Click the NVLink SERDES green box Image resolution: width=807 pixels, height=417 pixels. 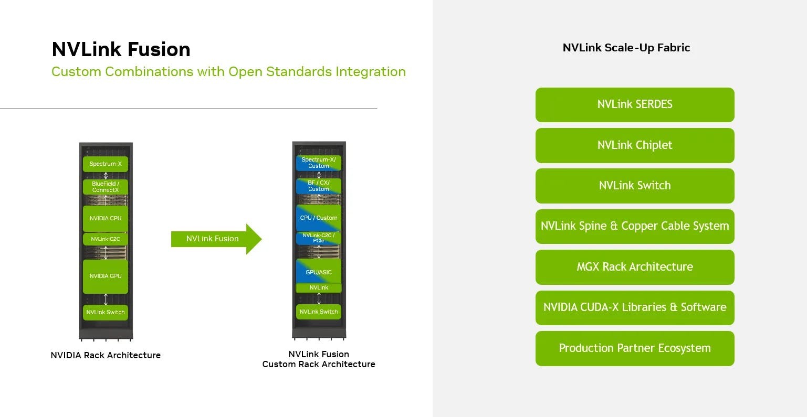(634, 104)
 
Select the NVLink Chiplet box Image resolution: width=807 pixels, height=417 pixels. (634, 145)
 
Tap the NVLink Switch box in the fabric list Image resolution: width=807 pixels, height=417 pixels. (634, 186)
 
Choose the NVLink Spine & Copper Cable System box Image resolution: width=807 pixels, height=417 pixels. (634, 226)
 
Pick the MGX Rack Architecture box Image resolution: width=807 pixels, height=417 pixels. (634, 267)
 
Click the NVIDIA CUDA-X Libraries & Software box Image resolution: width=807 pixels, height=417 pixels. (634, 307)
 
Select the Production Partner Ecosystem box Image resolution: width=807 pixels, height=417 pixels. (634, 348)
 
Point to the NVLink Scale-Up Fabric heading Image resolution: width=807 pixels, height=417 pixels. (626, 48)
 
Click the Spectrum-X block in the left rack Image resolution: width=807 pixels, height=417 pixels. (106, 164)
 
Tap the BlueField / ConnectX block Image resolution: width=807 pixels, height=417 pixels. (106, 187)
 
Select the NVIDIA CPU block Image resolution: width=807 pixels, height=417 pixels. (106, 218)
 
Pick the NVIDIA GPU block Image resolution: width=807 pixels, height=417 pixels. (106, 276)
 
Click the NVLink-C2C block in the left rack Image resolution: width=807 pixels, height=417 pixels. (106, 239)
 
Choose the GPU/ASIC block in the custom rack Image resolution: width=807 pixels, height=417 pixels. (319, 271)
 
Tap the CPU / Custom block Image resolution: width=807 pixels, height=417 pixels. (319, 218)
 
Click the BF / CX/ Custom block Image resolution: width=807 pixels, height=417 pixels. (319, 186)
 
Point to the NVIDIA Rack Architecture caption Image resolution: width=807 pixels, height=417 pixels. (106, 355)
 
